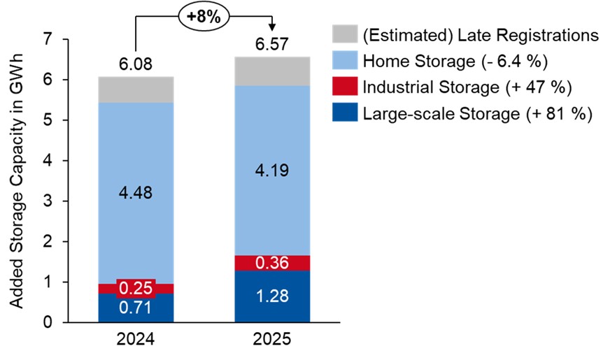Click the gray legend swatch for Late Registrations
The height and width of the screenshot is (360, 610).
pyautogui.click(x=345, y=34)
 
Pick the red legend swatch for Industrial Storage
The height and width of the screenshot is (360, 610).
pyautogui.click(x=345, y=87)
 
